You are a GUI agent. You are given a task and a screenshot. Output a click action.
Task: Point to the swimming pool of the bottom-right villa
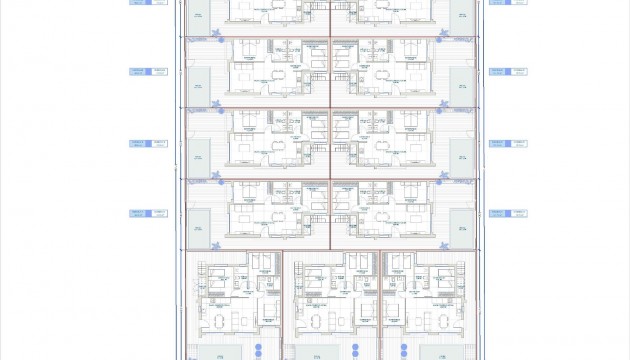click(x=432, y=353)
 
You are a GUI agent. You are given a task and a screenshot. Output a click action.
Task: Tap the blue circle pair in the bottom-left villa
click(x=257, y=351)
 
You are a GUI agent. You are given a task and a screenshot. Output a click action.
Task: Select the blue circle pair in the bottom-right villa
click(x=403, y=351)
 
